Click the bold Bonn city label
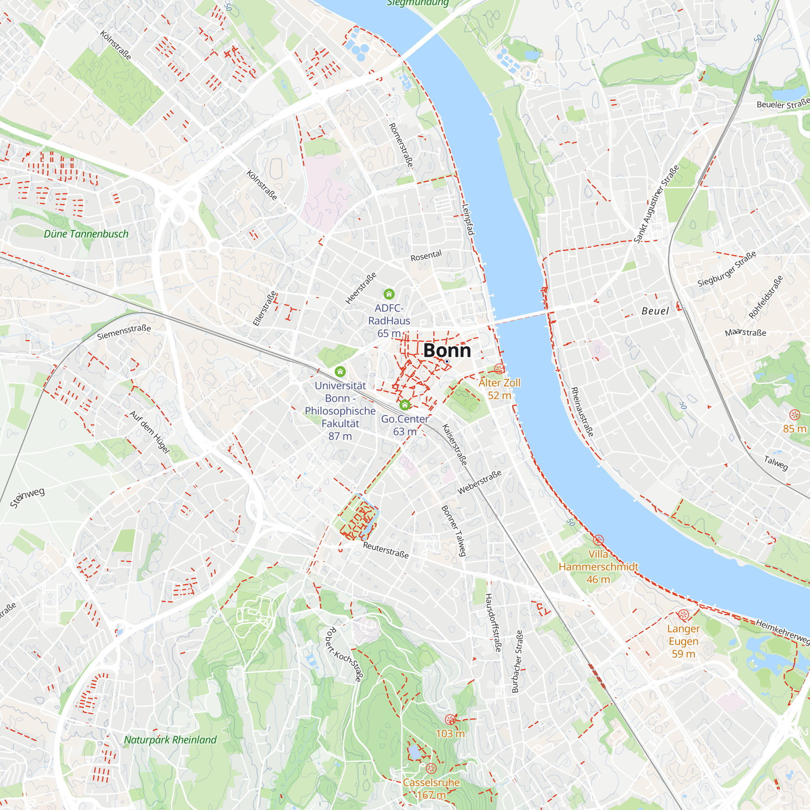coord(447,350)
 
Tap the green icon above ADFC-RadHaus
coord(389,294)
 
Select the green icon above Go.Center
coord(405,405)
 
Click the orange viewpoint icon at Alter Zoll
coord(499,369)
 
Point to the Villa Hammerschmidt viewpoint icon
coord(598,540)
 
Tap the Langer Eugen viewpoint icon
coord(683,615)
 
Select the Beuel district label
coord(655,311)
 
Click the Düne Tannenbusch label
coord(86,234)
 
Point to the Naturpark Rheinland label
coord(170,740)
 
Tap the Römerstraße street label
coord(401,145)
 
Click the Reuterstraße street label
coord(386,550)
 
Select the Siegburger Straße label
coord(727,269)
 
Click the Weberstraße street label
coord(479,483)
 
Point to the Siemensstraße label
coord(124,332)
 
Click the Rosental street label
coord(426,256)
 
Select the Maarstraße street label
coord(746,333)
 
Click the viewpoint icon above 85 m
coord(794,415)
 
